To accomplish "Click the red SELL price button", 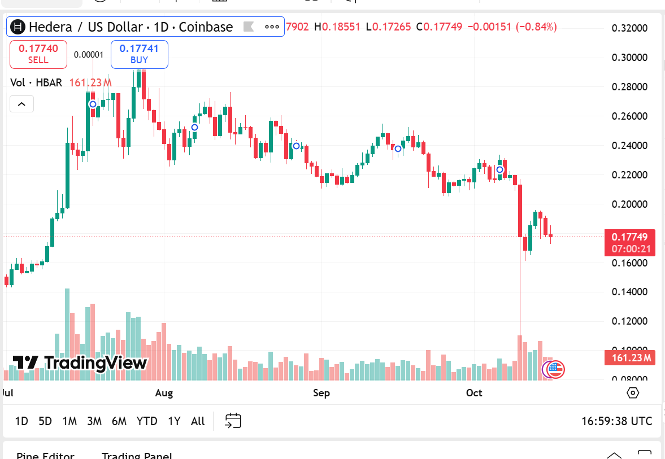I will click(x=38, y=54).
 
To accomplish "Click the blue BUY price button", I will click(x=139, y=54).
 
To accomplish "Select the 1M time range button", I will click(x=69, y=421).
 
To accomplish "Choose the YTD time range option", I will click(x=147, y=421).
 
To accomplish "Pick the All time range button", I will click(x=198, y=421).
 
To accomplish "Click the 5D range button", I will click(x=45, y=421).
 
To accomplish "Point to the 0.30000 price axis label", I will click(x=629, y=58).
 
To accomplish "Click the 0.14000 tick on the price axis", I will click(x=629, y=292).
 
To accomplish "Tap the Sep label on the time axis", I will click(x=321, y=393).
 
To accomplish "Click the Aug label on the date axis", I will click(x=164, y=393).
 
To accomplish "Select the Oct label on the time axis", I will click(x=474, y=393).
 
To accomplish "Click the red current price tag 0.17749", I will click(x=629, y=237).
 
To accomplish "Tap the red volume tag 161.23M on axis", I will click(x=629, y=357).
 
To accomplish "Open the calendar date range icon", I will click(x=233, y=421).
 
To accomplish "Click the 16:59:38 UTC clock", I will click(x=616, y=421).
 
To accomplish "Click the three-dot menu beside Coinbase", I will click(x=272, y=27).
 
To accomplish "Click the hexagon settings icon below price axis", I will click(x=633, y=393).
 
